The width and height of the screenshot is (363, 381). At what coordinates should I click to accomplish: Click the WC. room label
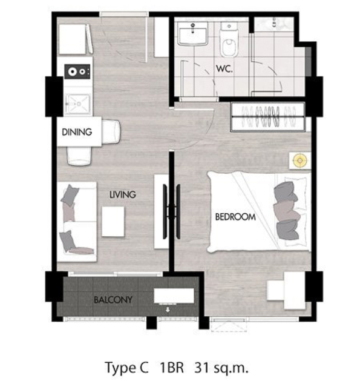(224, 69)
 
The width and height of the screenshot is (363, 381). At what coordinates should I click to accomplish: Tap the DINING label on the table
(77, 132)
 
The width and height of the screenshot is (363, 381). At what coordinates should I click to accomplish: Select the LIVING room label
(123, 194)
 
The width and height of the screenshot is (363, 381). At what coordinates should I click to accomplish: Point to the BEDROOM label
(235, 217)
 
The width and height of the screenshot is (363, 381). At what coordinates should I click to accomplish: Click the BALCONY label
(113, 300)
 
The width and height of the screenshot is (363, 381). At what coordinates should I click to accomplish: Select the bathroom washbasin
(193, 34)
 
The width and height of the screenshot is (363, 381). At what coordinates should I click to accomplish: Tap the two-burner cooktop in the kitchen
(77, 71)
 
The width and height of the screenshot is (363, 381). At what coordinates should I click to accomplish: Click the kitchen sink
(77, 104)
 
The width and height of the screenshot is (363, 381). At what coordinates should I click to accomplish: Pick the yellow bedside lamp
(300, 161)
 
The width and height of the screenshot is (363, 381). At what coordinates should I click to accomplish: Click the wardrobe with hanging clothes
(268, 117)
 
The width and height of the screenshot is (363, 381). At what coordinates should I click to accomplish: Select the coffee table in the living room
(113, 221)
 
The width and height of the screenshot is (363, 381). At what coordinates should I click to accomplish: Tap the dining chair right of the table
(111, 131)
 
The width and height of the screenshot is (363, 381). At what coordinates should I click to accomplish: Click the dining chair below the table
(79, 156)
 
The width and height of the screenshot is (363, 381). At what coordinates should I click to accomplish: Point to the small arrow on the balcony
(168, 310)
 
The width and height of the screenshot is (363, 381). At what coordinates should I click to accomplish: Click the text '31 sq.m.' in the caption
(221, 367)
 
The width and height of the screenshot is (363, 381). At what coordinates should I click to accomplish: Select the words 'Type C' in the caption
(126, 368)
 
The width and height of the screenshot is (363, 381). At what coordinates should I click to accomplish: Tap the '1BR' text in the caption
(171, 367)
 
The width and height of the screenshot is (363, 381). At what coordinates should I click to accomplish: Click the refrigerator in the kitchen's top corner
(76, 39)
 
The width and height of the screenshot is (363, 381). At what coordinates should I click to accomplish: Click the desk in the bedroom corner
(286, 290)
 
